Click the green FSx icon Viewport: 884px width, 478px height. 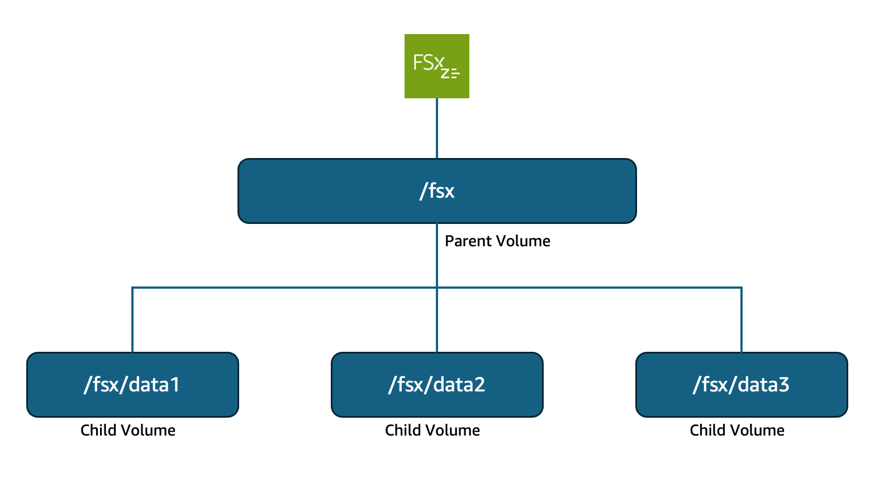[x=436, y=66]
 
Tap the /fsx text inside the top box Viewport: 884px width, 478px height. [x=437, y=191]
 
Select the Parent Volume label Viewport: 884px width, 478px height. [x=497, y=241]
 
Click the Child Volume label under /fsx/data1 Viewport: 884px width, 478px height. [x=128, y=431]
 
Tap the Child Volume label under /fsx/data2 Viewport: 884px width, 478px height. [x=433, y=431]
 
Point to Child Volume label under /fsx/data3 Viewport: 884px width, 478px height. [x=737, y=431]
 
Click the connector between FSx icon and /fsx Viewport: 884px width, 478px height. [x=437, y=128]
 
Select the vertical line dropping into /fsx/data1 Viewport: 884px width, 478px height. [x=132, y=321]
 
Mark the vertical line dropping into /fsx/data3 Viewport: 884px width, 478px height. [x=742, y=321]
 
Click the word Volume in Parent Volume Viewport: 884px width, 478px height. [x=524, y=241]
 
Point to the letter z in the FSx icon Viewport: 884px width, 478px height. [x=445, y=73]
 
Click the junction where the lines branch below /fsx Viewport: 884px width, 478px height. [x=437, y=288]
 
